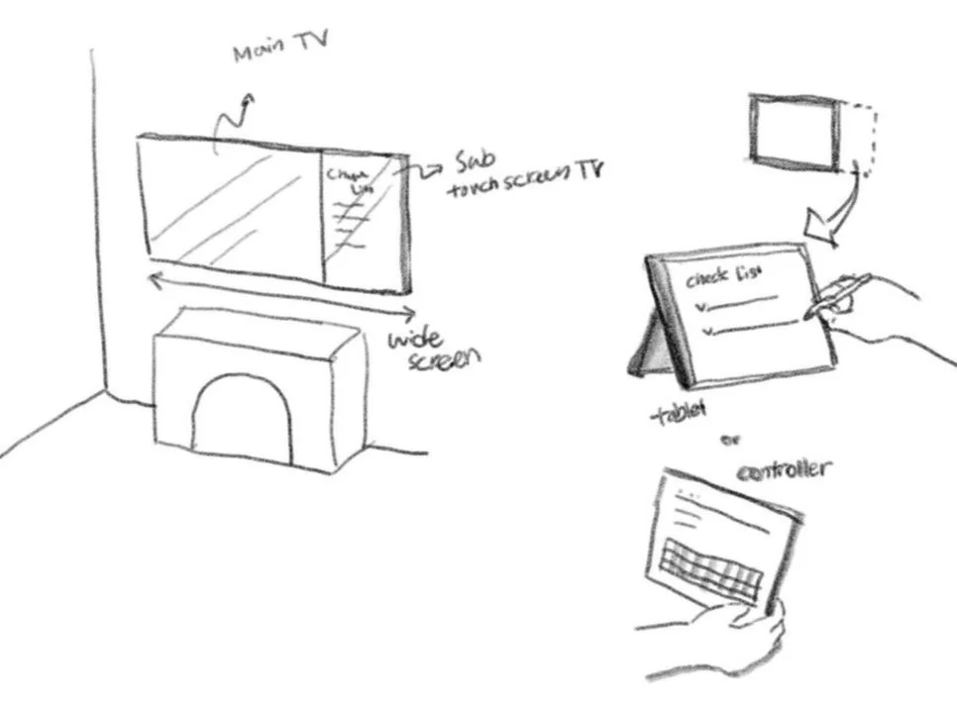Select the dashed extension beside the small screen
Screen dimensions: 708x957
859,138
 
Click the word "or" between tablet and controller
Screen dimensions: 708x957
737,438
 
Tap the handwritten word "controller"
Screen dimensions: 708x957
783,466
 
